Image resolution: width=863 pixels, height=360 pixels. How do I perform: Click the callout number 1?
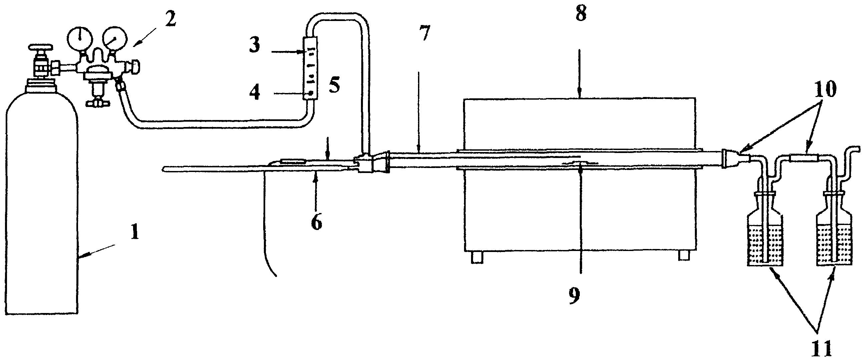point(134,232)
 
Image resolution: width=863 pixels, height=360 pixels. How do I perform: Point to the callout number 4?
point(255,92)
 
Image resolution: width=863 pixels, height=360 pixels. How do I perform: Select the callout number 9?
point(574,296)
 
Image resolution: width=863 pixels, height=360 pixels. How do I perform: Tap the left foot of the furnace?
point(477,257)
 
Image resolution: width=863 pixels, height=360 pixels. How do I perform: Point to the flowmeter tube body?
point(310,68)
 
